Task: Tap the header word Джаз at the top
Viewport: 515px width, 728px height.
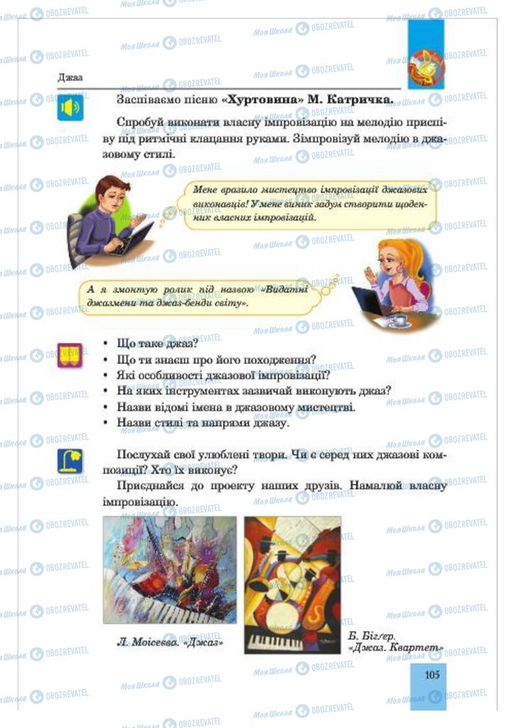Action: coord(70,77)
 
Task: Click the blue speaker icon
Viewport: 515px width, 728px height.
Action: coord(70,108)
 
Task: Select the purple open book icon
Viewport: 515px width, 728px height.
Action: coord(70,354)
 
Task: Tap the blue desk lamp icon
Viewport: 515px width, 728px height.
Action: coord(70,461)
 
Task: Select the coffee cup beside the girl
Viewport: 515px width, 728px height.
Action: coord(400,319)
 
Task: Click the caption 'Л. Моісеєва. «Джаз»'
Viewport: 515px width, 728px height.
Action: coord(166,642)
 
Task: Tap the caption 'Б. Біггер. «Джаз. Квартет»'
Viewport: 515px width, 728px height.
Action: coord(396,641)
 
